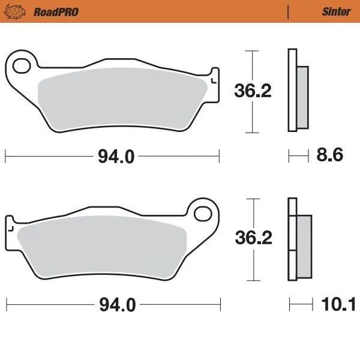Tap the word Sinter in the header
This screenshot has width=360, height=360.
[337, 11]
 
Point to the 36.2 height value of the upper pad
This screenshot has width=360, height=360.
[253, 91]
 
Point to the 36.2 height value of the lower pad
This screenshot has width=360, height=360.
[253, 239]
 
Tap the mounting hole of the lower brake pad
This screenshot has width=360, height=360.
[204, 212]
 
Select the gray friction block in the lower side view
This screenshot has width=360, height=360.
[304, 244]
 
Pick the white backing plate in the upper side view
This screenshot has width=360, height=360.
[292, 90]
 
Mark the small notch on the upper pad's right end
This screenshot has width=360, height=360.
[214, 79]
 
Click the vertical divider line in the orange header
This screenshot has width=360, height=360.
[289, 11]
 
